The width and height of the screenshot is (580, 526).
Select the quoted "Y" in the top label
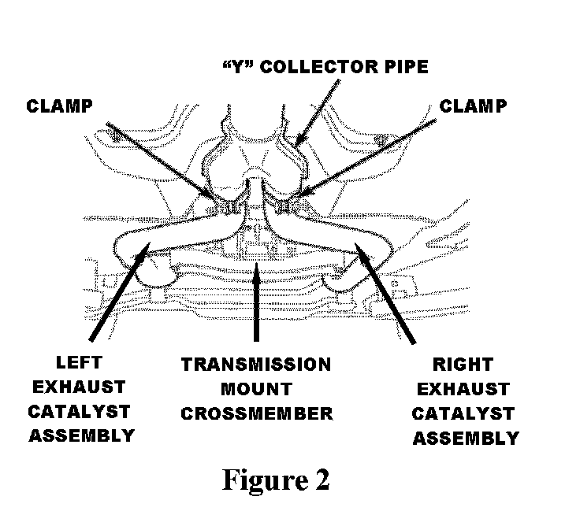(236, 67)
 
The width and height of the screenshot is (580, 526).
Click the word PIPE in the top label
(403, 67)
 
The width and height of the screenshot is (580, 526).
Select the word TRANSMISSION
(256, 365)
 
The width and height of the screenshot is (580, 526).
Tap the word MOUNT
(256, 389)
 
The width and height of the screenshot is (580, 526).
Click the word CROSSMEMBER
(256, 413)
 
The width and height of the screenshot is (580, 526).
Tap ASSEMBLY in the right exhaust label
(465, 438)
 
